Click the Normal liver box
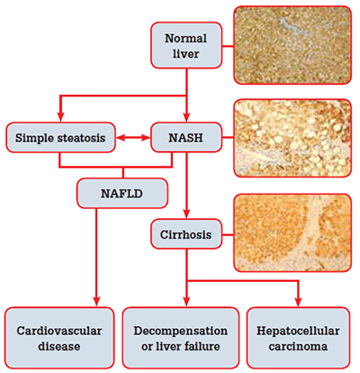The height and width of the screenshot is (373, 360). [186, 45]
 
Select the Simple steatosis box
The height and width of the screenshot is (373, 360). [60, 138]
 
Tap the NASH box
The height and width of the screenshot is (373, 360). [186, 138]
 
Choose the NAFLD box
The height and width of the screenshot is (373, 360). [122, 194]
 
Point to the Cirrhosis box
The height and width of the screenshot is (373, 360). [186, 234]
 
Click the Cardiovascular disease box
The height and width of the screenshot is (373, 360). [59, 338]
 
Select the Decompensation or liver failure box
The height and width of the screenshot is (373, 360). [181, 338]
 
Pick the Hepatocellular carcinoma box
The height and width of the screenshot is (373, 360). [298, 338]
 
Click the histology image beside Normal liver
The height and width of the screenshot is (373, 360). [292, 45]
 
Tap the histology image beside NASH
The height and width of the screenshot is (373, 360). [292, 138]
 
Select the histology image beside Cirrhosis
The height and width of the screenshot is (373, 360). [292, 233]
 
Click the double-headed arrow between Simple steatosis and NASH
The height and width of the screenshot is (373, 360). [133, 138]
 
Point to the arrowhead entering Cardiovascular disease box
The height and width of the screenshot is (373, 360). [96, 302]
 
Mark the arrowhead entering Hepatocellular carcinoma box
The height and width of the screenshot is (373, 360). [298, 302]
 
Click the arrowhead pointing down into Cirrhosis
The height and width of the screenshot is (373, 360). [186, 214]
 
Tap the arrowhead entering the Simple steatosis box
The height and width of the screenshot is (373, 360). [61, 117]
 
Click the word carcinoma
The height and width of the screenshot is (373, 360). [298, 347]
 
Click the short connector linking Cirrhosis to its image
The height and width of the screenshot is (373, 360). [228, 234]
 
